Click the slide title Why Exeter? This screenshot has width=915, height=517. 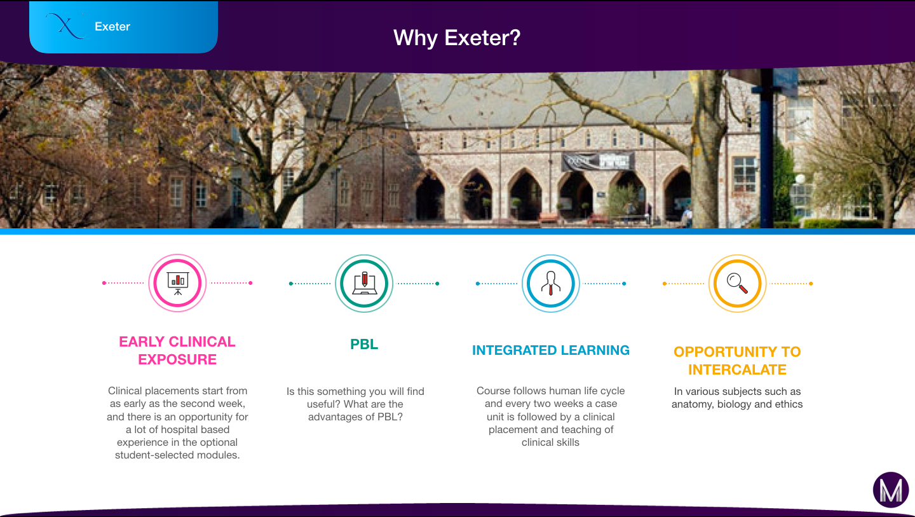point(457,38)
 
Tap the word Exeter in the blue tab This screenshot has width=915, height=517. point(112,27)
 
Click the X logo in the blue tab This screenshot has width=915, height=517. point(65,25)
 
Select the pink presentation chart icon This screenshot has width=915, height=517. point(177,283)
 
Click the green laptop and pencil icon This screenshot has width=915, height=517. point(364,283)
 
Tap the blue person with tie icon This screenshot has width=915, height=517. point(551,283)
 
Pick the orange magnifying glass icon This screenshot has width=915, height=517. point(737,283)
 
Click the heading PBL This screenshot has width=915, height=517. point(364,344)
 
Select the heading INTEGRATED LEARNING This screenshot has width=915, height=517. point(551,350)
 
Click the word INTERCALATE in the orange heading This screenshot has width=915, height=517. point(737,369)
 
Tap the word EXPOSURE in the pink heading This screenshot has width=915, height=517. point(177,359)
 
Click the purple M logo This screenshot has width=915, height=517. point(890,490)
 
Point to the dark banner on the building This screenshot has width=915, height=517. point(598,162)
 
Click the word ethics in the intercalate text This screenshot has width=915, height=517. point(790,404)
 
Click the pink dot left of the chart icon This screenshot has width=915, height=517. point(104,283)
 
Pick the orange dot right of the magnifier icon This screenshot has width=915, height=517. point(811,283)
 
